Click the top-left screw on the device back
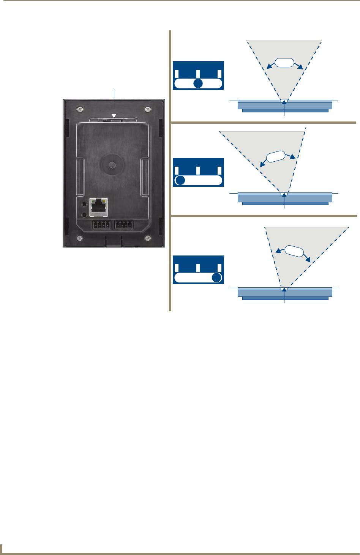[x=81, y=109]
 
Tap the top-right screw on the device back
[x=147, y=109]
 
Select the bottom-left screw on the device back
[x=80, y=238]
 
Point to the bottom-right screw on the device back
[x=147, y=238]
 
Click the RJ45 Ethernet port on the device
[x=99, y=207]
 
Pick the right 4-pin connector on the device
[x=124, y=225]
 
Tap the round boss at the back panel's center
[x=111, y=165]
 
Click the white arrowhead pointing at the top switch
[x=114, y=115]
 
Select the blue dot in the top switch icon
[x=198, y=84]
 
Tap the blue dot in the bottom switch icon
[x=216, y=277]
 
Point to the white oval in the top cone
[x=284, y=63]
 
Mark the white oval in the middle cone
[x=276, y=157]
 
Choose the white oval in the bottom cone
[x=294, y=251]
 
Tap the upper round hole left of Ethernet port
[x=85, y=204]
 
